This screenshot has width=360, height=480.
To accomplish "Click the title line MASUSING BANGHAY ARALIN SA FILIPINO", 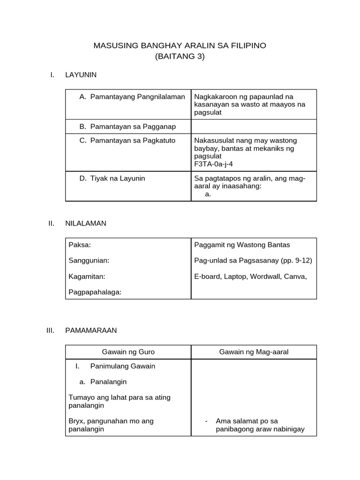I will pyautogui.click(x=180, y=45).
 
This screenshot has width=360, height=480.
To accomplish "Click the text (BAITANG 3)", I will pyautogui.click(x=180, y=57).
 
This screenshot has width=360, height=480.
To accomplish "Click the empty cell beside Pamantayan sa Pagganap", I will pyautogui.click(x=254, y=127).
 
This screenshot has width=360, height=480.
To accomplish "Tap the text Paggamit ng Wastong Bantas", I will pyautogui.click(x=242, y=245).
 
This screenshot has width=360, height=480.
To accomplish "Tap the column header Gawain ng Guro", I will pyautogui.click(x=128, y=352).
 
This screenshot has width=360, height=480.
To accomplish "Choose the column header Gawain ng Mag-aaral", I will pyautogui.click(x=254, y=352).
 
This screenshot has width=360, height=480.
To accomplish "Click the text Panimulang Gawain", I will pyautogui.click(x=122, y=366).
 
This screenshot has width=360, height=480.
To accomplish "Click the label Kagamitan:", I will pyautogui.click(x=87, y=276).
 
